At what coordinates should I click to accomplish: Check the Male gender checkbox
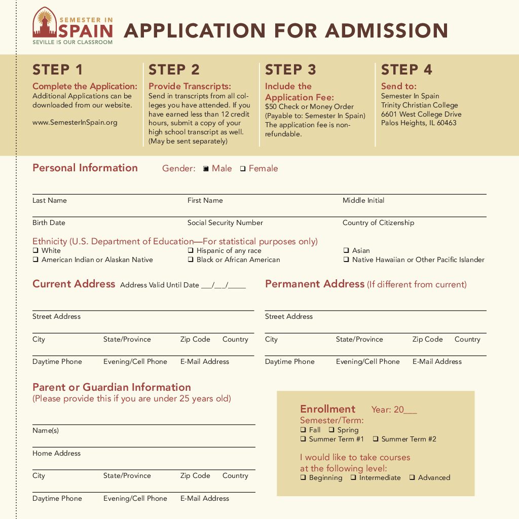click(206, 169)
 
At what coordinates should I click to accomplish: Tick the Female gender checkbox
click(243, 169)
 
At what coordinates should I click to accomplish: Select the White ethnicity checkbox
click(35, 250)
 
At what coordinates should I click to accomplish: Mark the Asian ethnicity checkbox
click(346, 250)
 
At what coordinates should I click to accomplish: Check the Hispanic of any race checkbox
click(191, 250)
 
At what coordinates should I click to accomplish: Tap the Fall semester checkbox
click(303, 430)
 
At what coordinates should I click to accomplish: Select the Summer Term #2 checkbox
click(376, 439)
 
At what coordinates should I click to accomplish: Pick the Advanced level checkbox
click(412, 477)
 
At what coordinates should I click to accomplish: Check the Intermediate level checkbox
click(353, 477)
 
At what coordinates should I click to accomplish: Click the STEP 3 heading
click(290, 69)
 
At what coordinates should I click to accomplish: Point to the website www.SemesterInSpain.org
click(75, 122)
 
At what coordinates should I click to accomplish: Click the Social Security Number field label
click(225, 223)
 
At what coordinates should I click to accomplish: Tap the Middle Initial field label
click(363, 200)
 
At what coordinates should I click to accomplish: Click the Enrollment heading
click(327, 409)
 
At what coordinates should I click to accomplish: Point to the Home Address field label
click(56, 453)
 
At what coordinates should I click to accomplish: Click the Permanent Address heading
click(315, 284)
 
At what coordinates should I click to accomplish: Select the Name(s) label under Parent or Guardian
click(46, 430)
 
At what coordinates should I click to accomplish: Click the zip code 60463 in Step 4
click(446, 123)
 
